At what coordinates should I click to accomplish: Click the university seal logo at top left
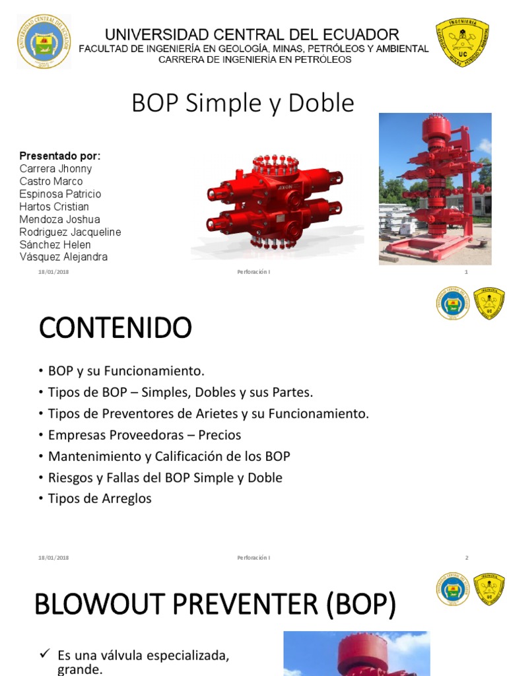pos(44,42)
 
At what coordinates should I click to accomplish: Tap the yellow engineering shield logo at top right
pos(462,43)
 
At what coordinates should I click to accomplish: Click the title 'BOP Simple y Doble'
pos(243,104)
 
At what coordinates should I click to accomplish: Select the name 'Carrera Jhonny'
pos(55,169)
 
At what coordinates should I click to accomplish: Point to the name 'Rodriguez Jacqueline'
pos(70,232)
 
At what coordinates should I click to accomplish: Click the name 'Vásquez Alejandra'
pos(63,257)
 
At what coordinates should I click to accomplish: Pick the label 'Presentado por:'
pos(60,156)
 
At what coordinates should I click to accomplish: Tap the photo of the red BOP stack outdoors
pos(434,189)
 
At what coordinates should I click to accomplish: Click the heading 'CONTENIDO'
pos(115,327)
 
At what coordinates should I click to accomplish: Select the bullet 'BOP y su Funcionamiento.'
pos(126,372)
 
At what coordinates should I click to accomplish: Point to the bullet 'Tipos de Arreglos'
pos(100,498)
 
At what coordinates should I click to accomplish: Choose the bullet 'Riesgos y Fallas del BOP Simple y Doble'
pos(165,477)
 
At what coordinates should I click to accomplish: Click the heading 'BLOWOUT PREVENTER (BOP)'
pos(215,605)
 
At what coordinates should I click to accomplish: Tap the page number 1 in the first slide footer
pos(466,272)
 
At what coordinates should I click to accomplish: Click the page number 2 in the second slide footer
pos(466,558)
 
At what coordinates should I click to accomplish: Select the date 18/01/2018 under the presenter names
pos(53,272)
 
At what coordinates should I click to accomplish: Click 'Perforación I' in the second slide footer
pos(253,558)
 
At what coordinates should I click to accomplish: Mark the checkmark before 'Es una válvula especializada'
pos(45,654)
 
